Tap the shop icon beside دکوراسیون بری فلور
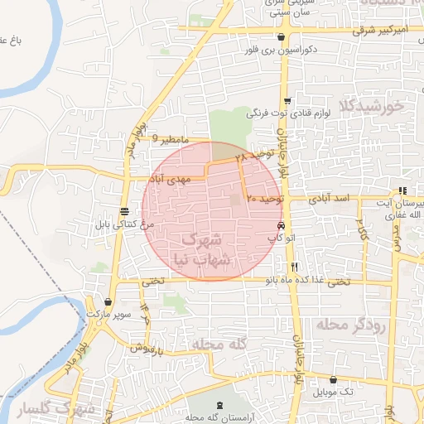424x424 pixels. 282,37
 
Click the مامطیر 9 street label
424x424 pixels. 171,140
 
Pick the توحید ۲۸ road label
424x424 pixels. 253,155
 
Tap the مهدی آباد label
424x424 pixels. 170,178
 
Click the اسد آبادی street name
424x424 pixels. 332,200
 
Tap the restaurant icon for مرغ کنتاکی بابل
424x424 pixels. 124,210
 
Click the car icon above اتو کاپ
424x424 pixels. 282,225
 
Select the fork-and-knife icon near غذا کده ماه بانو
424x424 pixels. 295,267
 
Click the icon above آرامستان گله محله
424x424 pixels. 219,405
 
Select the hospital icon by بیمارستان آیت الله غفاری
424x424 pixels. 402,190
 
